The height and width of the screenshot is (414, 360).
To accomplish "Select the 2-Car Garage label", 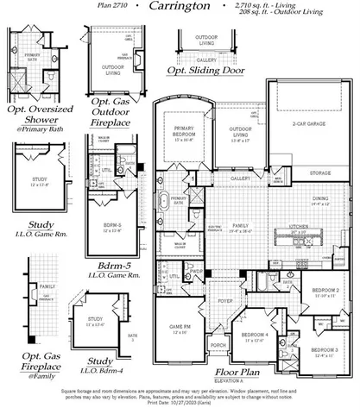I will [310, 123].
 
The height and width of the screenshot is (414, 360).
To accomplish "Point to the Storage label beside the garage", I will [319, 173].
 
